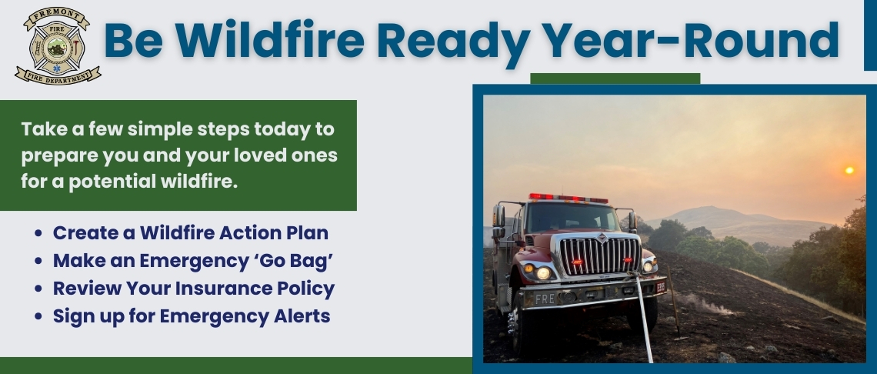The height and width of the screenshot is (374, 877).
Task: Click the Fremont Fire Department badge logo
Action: tap(58, 46)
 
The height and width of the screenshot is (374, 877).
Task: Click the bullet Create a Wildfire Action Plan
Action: tap(190, 232)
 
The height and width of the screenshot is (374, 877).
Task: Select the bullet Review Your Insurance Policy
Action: tap(193, 289)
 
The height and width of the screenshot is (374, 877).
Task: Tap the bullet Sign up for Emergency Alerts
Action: tap(191, 316)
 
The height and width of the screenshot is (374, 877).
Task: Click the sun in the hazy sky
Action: tap(849, 170)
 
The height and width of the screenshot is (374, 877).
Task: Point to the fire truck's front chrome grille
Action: tap(599, 256)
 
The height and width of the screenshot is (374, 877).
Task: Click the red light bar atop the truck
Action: tap(568, 198)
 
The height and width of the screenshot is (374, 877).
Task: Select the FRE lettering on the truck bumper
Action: tap(545, 298)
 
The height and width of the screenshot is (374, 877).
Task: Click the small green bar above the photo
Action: tap(615, 78)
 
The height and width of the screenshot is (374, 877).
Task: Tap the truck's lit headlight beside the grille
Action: tap(543, 272)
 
